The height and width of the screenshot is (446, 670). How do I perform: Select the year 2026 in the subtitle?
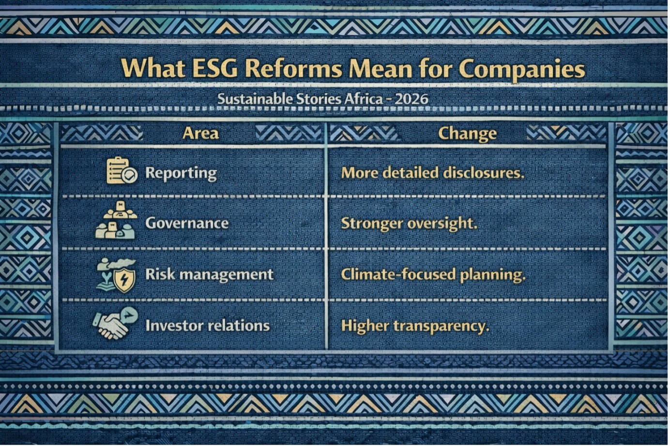(x=411, y=99)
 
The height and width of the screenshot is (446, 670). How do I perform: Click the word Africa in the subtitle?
(x=363, y=99)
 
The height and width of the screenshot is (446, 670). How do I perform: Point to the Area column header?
(x=200, y=134)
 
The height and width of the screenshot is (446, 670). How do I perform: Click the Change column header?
(x=467, y=134)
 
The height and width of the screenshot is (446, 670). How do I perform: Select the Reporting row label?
(x=181, y=173)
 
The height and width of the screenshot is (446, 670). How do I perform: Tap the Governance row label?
(x=187, y=223)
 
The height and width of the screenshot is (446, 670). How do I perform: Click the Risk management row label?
(x=209, y=274)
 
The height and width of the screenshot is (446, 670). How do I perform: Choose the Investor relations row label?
(x=208, y=325)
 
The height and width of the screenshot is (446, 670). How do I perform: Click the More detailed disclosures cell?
(x=432, y=173)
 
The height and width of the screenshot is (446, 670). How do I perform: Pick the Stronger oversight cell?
(x=409, y=223)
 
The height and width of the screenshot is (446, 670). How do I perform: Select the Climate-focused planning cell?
(x=433, y=274)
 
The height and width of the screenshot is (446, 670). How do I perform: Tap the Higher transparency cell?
(x=415, y=326)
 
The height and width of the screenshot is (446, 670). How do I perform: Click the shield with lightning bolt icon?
(x=124, y=280)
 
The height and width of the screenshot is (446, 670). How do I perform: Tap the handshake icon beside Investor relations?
(x=115, y=324)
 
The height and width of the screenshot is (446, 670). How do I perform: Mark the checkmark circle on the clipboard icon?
(x=130, y=175)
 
